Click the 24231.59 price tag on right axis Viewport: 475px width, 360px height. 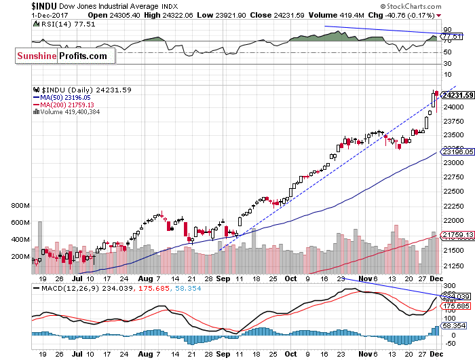(x=457, y=94)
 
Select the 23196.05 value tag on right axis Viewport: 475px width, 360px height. (x=456, y=153)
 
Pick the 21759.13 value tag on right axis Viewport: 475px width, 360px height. (x=456, y=235)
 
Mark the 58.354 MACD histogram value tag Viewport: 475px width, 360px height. (x=454, y=327)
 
